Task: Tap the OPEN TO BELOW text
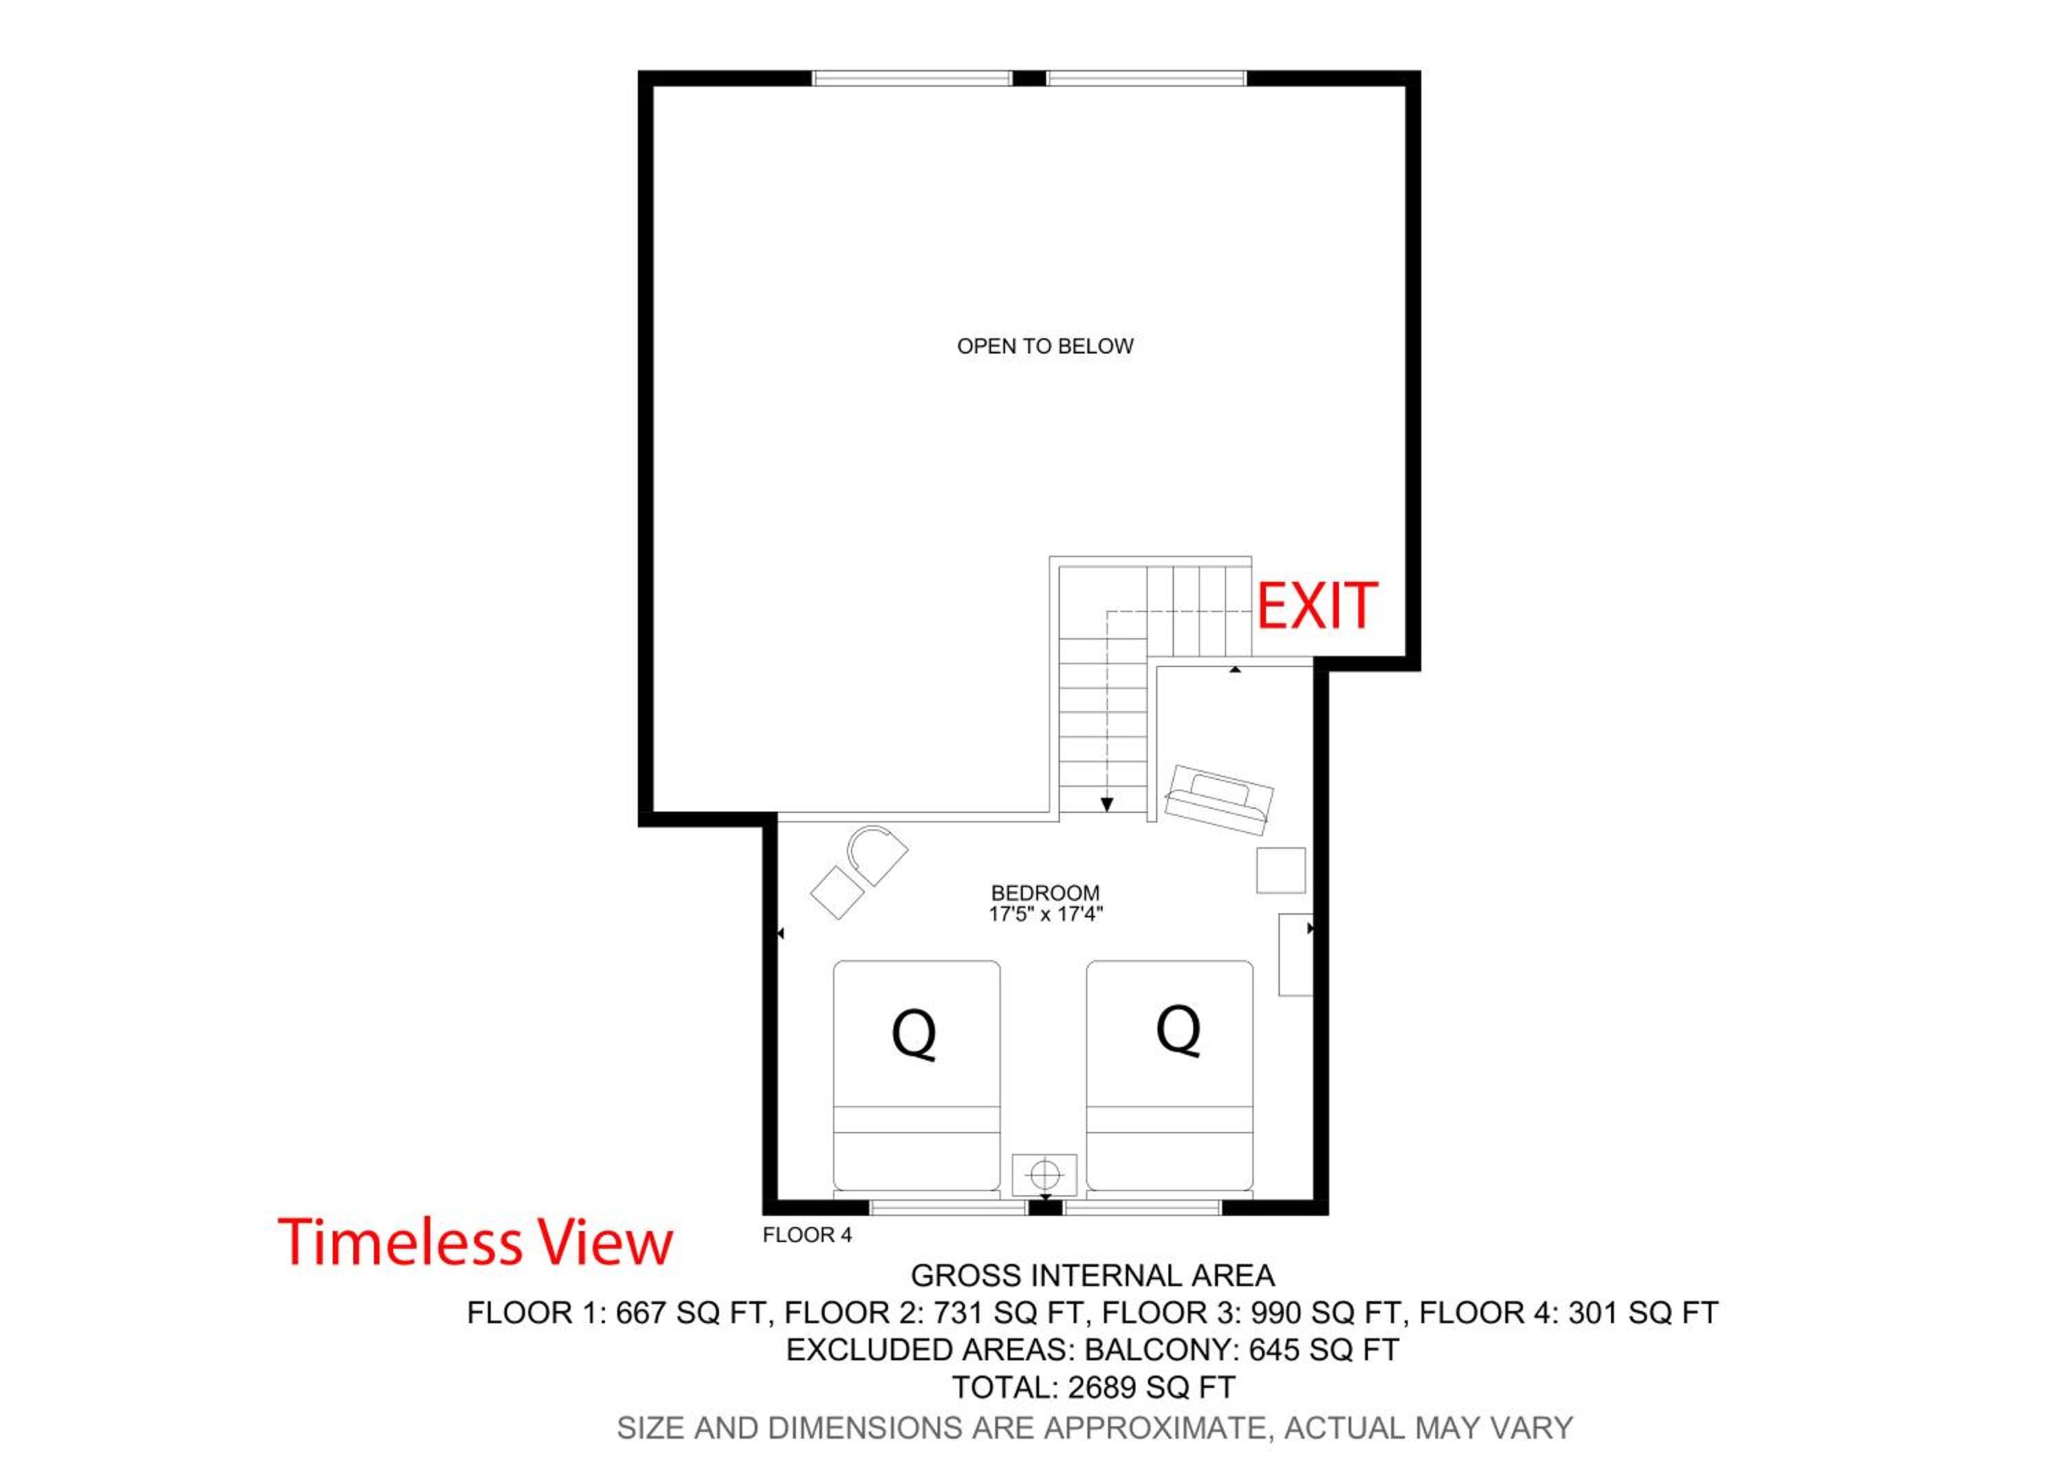click(x=1045, y=346)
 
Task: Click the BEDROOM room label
click(x=1045, y=893)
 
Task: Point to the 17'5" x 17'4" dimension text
click(x=1045, y=915)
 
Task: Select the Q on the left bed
click(x=914, y=1034)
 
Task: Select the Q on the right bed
click(x=1178, y=1030)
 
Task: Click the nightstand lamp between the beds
click(x=1045, y=1173)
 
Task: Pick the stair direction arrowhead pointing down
click(x=1107, y=804)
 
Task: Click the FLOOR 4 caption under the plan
click(x=806, y=1235)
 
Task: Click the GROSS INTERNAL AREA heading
click(x=1092, y=1276)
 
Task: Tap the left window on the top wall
click(x=913, y=78)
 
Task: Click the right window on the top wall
click(x=1147, y=78)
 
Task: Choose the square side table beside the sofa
click(x=1281, y=871)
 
